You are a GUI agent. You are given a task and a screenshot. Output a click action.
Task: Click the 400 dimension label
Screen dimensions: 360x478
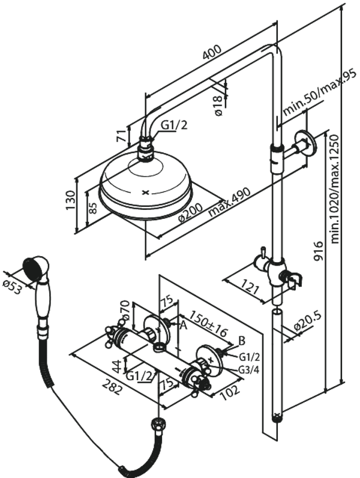click(212, 53)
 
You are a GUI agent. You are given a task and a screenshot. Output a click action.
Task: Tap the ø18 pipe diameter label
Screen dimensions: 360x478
click(219, 106)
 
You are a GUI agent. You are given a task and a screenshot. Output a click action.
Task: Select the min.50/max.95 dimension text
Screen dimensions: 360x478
click(319, 92)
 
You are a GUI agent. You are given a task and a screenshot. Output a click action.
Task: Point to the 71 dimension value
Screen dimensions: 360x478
click(122, 135)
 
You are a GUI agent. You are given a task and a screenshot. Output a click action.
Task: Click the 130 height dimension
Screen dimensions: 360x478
click(70, 200)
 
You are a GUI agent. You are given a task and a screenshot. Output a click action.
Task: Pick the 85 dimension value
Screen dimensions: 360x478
click(92, 208)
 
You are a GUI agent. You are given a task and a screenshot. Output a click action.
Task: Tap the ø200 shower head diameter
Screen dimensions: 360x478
click(191, 212)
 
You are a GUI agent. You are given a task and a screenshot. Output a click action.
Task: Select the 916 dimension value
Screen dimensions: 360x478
click(319, 251)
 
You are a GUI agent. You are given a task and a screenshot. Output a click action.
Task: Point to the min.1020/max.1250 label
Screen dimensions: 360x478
click(335, 189)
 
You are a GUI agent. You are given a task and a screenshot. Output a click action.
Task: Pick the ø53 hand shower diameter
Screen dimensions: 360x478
click(12, 287)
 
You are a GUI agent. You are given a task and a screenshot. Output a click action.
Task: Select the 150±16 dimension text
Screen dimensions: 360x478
click(208, 323)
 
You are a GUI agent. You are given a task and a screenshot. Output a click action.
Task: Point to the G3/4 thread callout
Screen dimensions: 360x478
click(249, 370)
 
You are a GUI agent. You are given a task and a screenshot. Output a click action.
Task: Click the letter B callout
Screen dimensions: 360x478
click(241, 341)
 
